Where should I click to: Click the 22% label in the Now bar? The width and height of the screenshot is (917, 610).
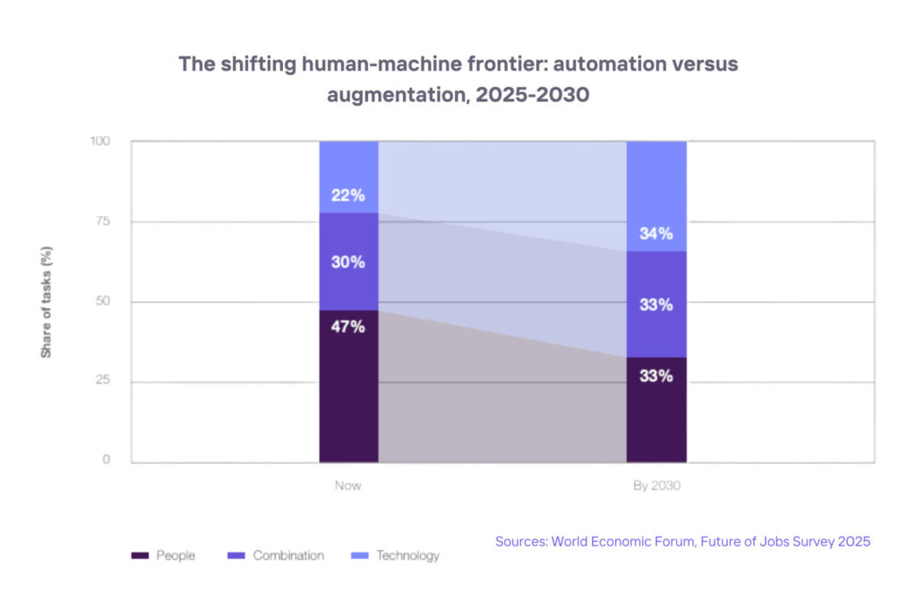pos(348,195)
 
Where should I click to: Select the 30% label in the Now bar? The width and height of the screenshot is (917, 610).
pos(348,262)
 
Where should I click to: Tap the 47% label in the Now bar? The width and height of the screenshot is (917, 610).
pos(348,327)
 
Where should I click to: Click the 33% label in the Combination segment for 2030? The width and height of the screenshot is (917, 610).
pos(656,305)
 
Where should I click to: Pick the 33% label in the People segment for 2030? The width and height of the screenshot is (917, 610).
pos(656,376)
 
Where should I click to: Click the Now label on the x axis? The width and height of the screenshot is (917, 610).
pos(348,485)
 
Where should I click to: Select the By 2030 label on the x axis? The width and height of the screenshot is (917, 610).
pos(656,485)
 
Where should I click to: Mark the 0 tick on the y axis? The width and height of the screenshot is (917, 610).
pos(106,460)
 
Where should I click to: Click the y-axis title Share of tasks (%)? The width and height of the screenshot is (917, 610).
pos(46,301)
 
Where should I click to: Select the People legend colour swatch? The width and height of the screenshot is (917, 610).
pos(140,556)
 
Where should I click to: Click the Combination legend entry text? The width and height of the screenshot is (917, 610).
pos(288,556)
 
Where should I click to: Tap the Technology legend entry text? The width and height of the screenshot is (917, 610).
pos(407,556)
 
